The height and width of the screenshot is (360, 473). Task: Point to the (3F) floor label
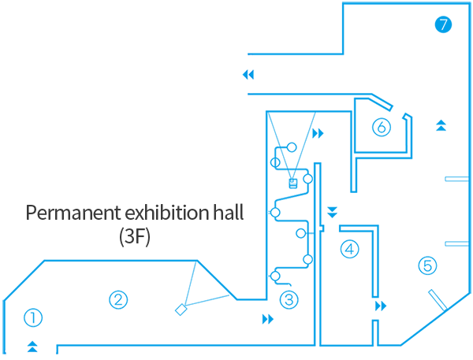134,236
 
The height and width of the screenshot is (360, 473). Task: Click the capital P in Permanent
32,213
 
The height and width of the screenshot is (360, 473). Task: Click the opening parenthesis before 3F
122,236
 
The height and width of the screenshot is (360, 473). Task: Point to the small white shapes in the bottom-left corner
30,344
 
